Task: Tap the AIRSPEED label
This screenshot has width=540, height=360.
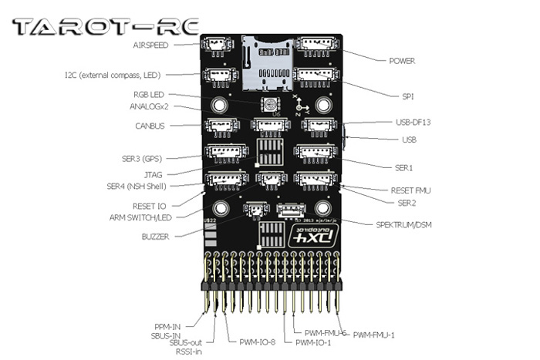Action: [x=153, y=45]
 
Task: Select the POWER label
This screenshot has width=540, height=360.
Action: [x=402, y=60]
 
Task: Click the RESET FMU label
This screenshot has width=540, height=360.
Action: [x=403, y=190]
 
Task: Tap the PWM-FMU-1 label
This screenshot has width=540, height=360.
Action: [x=374, y=335]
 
